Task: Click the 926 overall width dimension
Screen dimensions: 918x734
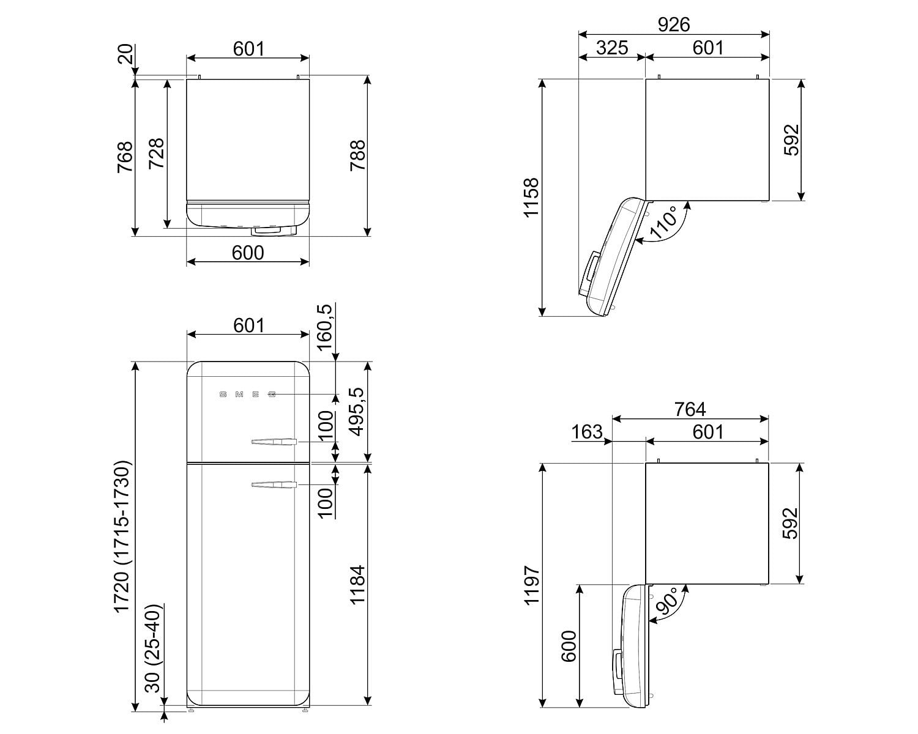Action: [x=674, y=24]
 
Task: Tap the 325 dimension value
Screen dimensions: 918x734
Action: [x=612, y=48]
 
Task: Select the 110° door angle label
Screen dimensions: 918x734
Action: [x=663, y=223]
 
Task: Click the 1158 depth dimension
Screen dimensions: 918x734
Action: [x=531, y=198]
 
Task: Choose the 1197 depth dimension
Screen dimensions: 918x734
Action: [x=531, y=585]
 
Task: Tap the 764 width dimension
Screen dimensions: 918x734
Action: [x=690, y=409]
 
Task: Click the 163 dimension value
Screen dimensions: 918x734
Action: [x=586, y=432]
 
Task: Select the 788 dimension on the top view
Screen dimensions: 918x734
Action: [x=357, y=155]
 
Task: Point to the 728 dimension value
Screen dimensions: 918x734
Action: [x=157, y=154]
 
